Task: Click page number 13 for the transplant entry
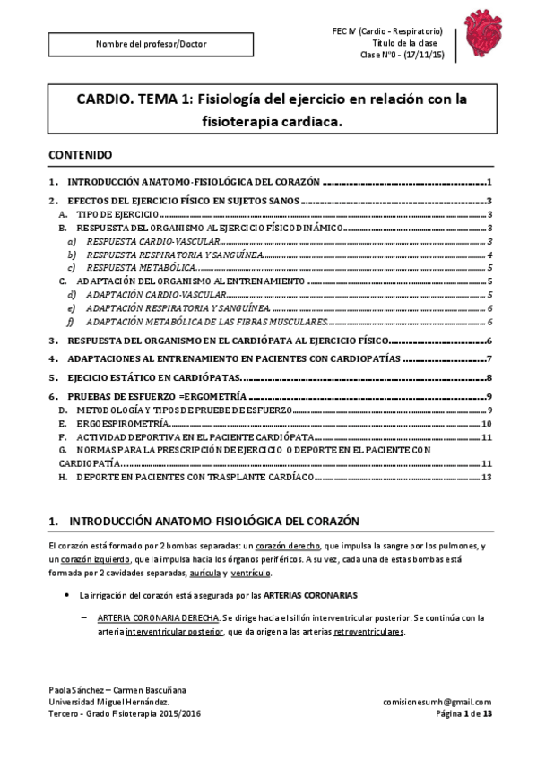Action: pos(486,478)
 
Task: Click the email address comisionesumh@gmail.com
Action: pos(436,702)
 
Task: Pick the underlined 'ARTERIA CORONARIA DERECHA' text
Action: pos(156,617)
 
